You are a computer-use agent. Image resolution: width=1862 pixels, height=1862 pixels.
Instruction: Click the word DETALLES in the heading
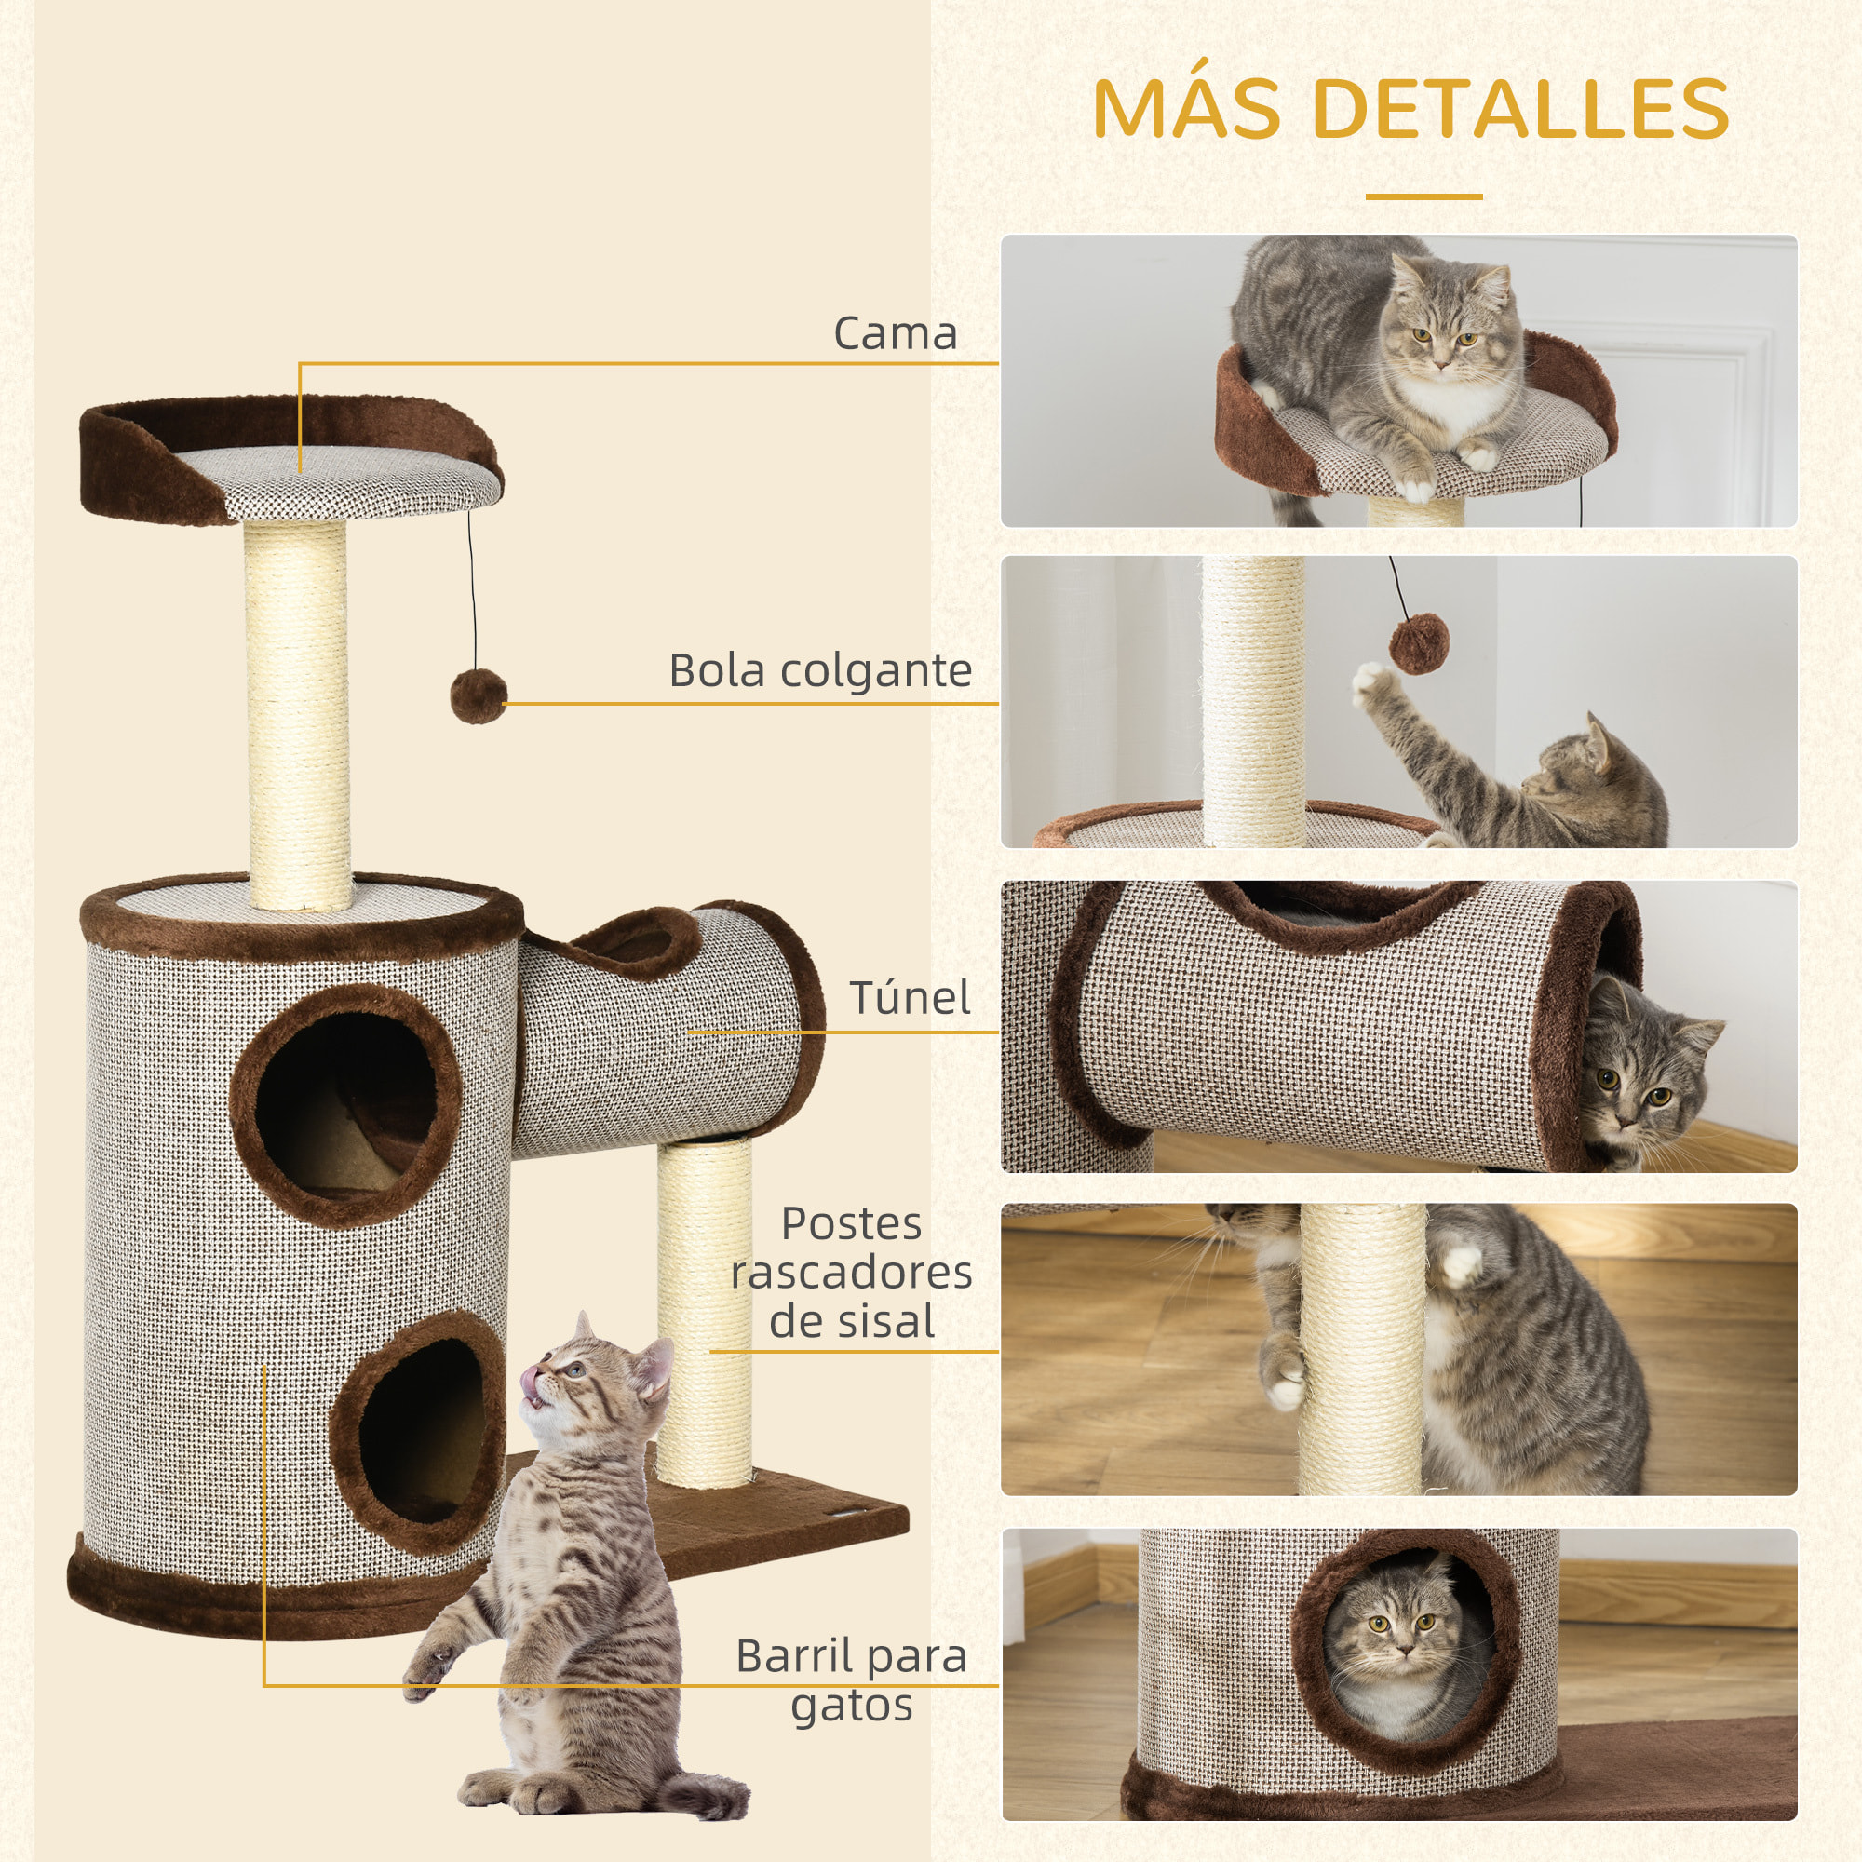pos(1520,108)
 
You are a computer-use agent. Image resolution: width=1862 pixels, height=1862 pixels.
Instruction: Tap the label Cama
pos(895,333)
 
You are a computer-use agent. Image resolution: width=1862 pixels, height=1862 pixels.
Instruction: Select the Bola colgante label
pos(820,670)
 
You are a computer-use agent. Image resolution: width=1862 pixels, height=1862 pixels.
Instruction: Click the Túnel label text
pos(909,997)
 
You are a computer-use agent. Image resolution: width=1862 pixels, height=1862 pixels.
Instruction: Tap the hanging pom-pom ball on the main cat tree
pos(478,695)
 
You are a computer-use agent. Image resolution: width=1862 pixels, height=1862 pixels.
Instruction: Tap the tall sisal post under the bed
pos(297,713)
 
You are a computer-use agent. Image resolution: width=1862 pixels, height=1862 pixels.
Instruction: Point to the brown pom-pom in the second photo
pos(1419,644)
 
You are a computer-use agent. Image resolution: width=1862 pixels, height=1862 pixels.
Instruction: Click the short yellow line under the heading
pos(1423,196)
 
